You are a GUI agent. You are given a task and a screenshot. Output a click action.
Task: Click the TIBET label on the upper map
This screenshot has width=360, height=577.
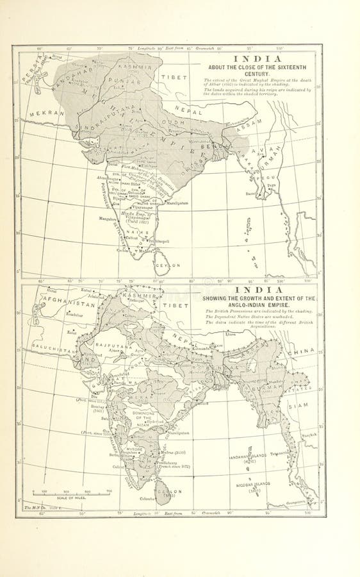click(x=174, y=78)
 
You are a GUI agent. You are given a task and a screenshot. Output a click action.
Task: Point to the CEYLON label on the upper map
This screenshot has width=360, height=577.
click(x=170, y=265)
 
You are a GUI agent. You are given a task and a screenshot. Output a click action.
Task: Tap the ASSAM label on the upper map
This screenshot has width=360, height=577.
click(x=238, y=128)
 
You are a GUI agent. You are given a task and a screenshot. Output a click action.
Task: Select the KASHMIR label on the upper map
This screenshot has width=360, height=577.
click(x=138, y=67)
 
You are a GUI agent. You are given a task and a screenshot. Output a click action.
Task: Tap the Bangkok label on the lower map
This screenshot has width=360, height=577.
click(x=309, y=435)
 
